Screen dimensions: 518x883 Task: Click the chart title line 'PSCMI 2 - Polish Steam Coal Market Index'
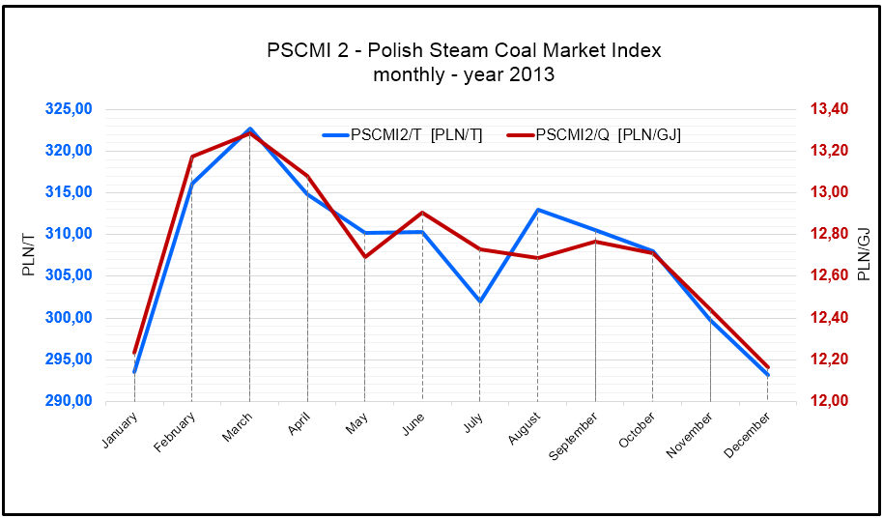tap(464, 50)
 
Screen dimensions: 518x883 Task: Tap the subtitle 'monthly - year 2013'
tap(464, 73)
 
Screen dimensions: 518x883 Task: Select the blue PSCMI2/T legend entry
tap(415, 135)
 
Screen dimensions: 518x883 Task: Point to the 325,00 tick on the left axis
tap(69, 109)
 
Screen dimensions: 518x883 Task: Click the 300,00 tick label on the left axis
tap(69, 318)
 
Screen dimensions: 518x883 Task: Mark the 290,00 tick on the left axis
tap(69, 401)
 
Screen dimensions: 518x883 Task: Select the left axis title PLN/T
tap(29, 254)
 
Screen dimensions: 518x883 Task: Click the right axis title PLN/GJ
tap(863, 254)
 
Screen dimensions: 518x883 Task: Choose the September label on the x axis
tap(571, 437)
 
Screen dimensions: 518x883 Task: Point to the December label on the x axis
tap(748, 434)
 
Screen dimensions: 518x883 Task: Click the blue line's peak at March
tap(250, 129)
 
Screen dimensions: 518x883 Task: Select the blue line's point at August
tap(537, 210)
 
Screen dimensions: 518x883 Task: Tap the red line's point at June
tap(422, 213)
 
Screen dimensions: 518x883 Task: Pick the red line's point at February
tap(192, 157)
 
